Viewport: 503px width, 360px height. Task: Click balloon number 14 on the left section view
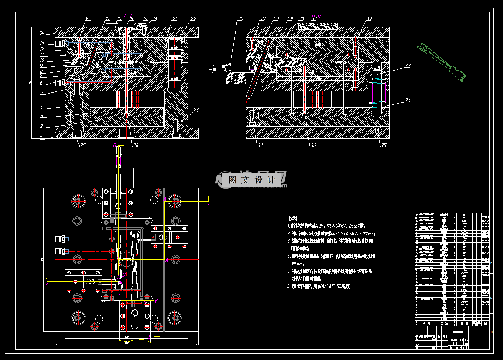[41, 33]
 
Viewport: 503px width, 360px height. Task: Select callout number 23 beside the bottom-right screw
[196, 110]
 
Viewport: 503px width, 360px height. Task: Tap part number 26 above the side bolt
[241, 19]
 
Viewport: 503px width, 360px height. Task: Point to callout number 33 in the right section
[408, 66]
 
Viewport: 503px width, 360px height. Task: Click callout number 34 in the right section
[408, 101]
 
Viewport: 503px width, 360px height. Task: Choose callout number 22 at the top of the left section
[193, 19]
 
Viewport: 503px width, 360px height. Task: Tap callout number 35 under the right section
[383, 146]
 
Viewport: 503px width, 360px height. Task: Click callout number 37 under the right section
[260, 146]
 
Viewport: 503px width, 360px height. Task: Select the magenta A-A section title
[128, 15]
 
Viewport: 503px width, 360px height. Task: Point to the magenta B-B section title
[316, 16]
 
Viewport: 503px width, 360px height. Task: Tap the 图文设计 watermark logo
[251, 180]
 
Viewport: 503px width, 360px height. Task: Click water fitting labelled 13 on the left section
[59, 44]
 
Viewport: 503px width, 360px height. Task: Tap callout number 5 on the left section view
[41, 93]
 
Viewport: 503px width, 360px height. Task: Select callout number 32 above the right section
[369, 19]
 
